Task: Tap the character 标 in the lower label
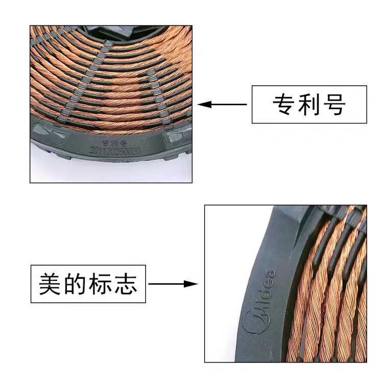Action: coord(101,284)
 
